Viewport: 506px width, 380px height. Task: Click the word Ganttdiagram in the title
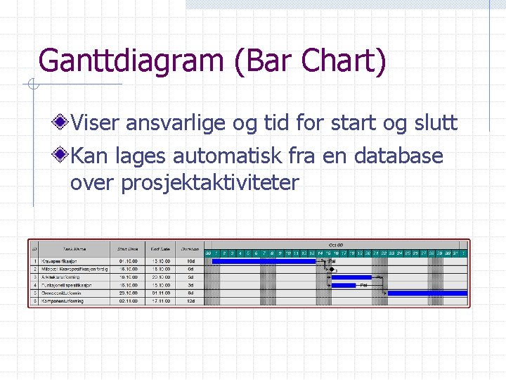(x=130, y=61)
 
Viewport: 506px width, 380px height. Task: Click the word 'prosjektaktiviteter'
(x=210, y=183)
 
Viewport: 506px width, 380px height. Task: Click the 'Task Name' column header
(x=74, y=248)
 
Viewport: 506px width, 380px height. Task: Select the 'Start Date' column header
(x=128, y=248)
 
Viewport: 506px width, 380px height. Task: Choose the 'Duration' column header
(x=189, y=248)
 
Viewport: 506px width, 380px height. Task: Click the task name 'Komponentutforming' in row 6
(x=63, y=300)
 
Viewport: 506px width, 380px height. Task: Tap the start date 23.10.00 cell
(x=128, y=293)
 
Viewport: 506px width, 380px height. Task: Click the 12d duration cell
(x=190, y=300)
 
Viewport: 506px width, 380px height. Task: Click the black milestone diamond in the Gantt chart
(x=332, y=269)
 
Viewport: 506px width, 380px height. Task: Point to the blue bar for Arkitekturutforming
(x=351, y=277)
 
